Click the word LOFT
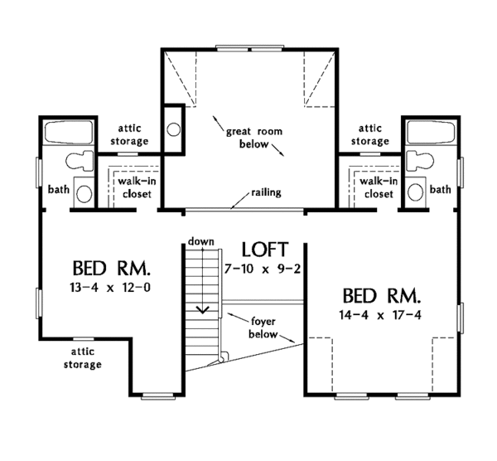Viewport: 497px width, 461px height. coord(265,249)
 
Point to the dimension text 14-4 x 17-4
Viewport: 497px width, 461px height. coord(382,314)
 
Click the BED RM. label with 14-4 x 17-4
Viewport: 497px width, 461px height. coord(382,295)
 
